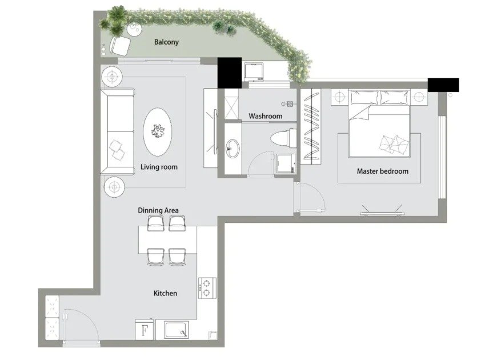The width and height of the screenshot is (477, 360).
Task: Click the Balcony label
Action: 166,42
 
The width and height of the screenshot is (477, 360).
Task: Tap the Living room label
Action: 159,167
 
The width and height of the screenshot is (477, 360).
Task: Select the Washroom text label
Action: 265,116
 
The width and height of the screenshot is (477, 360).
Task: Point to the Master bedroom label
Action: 382,171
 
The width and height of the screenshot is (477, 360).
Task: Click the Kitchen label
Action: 165,293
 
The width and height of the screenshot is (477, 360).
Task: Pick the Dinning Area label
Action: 158,210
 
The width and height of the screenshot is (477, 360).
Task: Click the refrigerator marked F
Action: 145,329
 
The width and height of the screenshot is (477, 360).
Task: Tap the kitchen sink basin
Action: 176,330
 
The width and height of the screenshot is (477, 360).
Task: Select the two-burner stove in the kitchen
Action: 207,288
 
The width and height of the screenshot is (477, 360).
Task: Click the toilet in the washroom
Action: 283,138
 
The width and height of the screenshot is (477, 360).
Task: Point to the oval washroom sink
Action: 233,149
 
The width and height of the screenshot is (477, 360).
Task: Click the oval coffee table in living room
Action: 158,132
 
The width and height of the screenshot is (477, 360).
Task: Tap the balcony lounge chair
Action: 120,46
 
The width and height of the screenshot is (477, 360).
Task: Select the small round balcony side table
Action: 134,29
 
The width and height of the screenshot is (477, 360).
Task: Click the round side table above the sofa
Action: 112,77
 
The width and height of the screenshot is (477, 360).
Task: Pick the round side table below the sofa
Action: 114,187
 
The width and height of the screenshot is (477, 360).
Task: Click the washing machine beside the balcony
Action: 254,72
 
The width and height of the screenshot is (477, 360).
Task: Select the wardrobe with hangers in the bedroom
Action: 311,126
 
